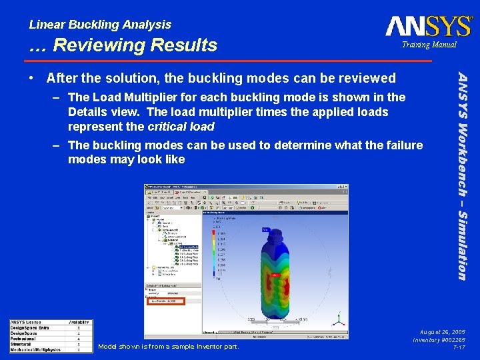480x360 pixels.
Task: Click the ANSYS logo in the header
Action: pos(428,26)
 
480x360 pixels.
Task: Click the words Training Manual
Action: pos(429,45)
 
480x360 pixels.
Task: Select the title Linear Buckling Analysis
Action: pos(100,25)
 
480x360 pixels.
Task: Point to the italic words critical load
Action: pos(182,127)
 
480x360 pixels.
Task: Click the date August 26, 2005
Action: pos(443,331)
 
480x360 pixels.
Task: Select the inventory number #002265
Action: pos(451,340)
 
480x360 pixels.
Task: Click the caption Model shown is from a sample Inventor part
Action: pos(168,346)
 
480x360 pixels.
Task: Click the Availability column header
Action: pos(79,323)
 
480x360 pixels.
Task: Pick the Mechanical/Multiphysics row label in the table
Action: pos(37,349)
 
